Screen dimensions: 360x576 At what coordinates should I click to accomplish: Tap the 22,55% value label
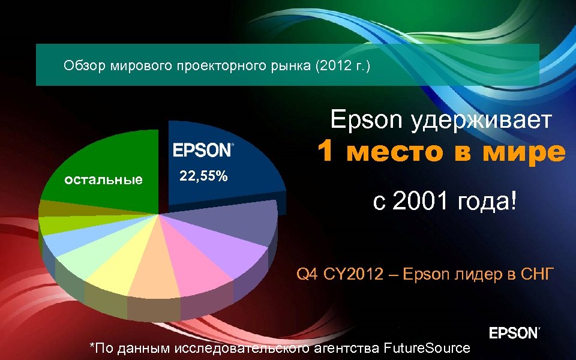[204, 176]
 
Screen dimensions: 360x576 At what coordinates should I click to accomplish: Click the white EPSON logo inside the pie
[203, 150]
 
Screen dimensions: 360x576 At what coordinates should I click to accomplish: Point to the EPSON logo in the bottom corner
[515, 333]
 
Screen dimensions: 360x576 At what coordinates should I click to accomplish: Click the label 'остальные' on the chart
[104, 179]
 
